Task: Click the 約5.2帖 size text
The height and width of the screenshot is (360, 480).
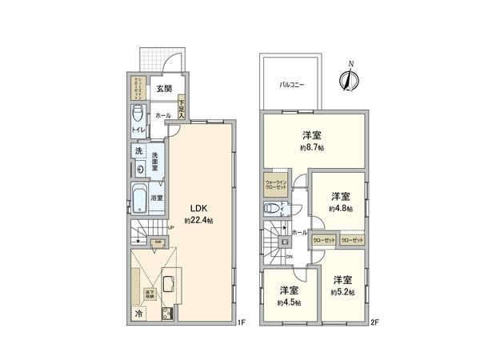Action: (342, 292)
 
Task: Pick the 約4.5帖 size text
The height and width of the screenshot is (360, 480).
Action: (288, 302)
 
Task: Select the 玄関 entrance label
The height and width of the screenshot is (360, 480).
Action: (164, 88)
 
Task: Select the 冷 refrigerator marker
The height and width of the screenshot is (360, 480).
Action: (139, 314)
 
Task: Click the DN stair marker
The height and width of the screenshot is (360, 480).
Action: (290, 256)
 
